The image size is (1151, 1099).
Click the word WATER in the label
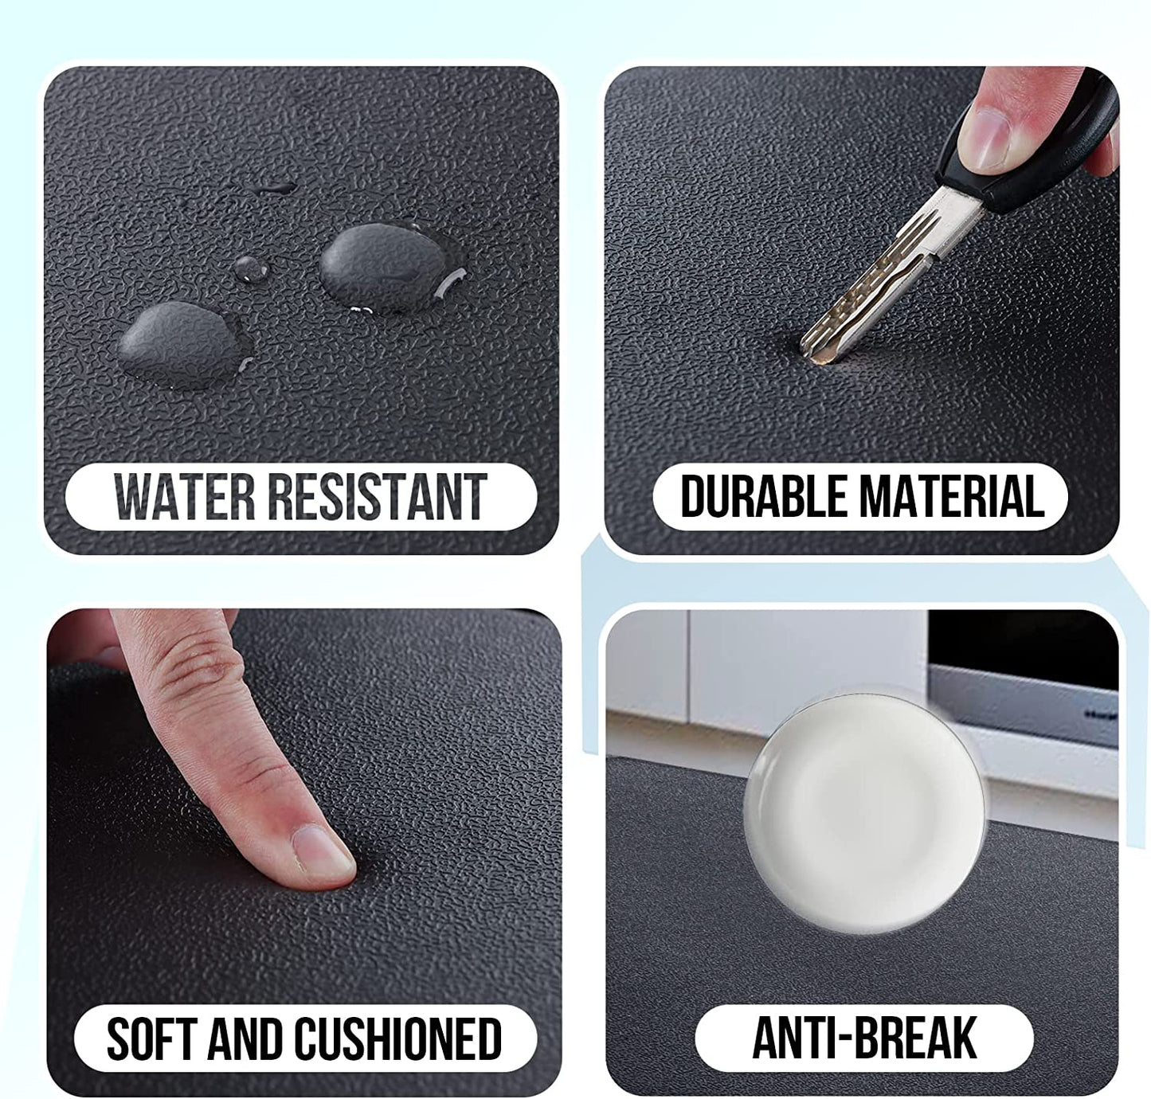pyautogui.click(x=185, y=497)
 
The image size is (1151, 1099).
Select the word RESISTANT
pyautogui.click(x=378, y=497)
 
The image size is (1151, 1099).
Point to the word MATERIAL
pyautogui.click(x=953, y=496)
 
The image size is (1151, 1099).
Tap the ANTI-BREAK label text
pyautogui.click(x=864, y=1038)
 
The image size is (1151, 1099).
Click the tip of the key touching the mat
pyautogui.click(x=816, y=358)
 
